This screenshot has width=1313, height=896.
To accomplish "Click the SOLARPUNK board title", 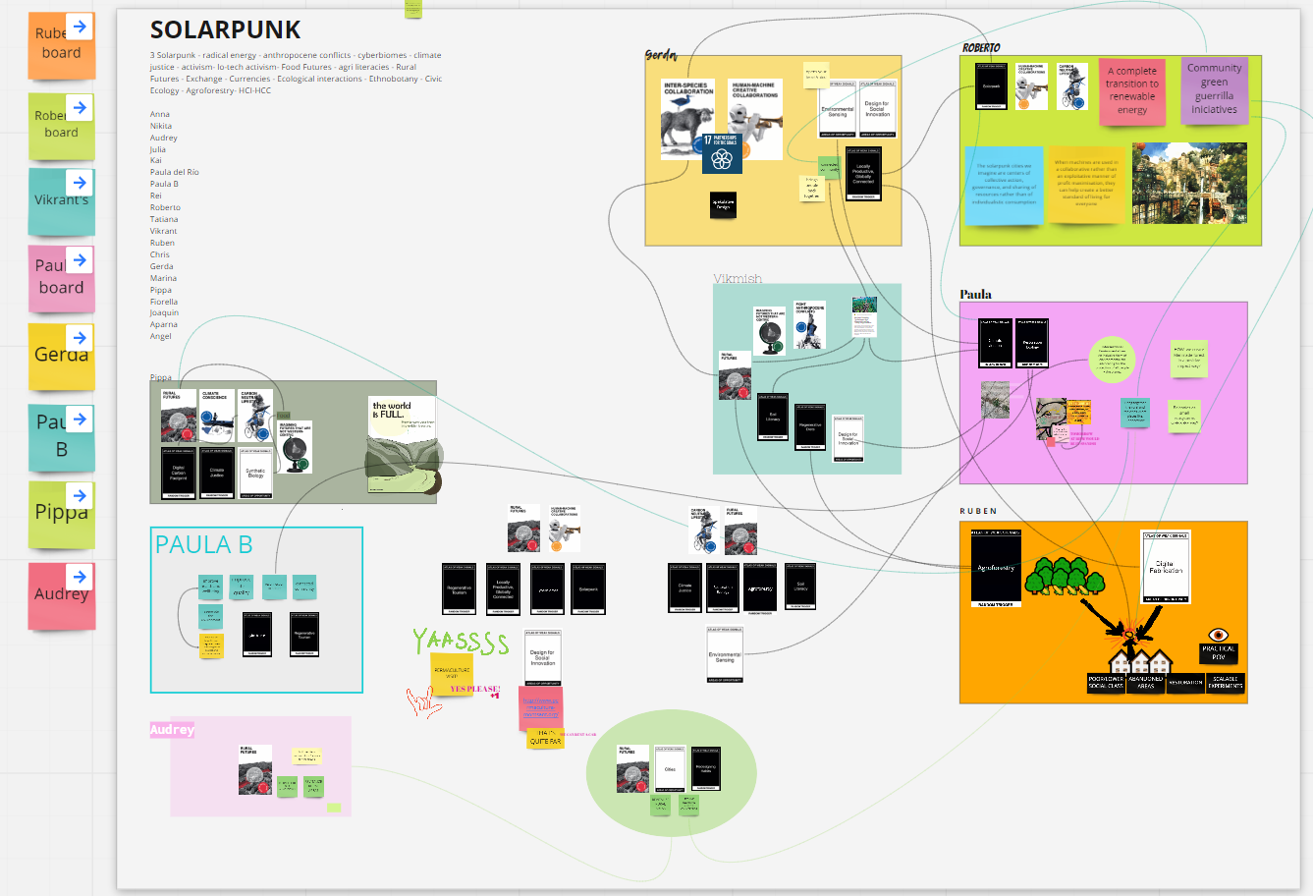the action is (225, 30).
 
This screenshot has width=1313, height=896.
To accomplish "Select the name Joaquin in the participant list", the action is (164, 312).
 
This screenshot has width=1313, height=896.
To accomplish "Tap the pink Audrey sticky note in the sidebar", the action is (62, 594).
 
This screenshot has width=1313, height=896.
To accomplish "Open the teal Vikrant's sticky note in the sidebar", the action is (61, 201).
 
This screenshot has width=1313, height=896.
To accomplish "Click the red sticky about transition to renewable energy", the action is (1131, 91).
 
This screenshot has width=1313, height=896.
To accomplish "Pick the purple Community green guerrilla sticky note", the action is (1214, 89).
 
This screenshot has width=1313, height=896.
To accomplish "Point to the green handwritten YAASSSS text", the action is (460, 643).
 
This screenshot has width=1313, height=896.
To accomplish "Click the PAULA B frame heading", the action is (203, 545).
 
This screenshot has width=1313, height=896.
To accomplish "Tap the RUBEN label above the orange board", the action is (978, 511).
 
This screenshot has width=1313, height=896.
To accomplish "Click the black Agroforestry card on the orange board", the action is (996, 569).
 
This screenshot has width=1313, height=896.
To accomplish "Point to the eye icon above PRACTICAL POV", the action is (1218, 635).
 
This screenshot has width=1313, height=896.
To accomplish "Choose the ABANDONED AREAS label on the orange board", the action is (1145, 682).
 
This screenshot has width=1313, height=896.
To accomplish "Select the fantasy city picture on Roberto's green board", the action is (1189, 184).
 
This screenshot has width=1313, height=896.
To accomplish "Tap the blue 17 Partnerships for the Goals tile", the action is (722, 152).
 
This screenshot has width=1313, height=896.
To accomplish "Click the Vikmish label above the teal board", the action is (737, 279).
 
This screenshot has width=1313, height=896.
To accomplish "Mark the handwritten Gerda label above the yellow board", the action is (660, 55).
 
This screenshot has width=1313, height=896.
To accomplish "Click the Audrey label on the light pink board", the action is (172, 730).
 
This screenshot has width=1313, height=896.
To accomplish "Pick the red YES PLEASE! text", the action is (475, 689).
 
